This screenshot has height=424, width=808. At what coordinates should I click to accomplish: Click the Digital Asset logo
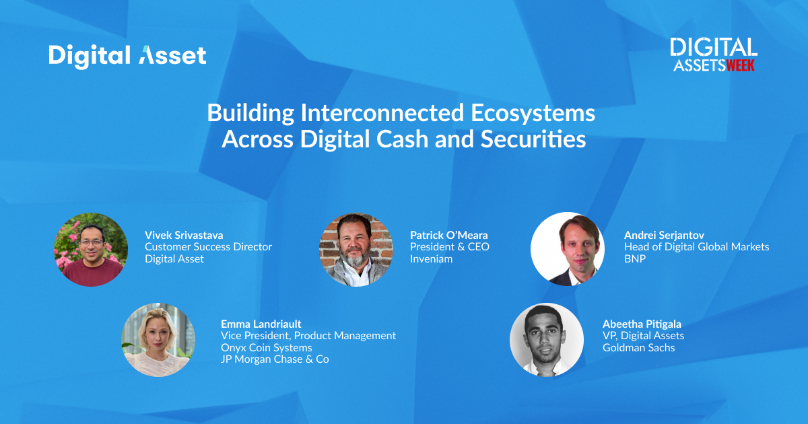(127, 57)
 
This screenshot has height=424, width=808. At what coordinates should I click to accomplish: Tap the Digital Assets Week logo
(714, 55)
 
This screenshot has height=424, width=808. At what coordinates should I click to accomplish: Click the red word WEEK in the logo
(740, 65)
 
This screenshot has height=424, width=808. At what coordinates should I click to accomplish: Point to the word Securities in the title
(533, 139)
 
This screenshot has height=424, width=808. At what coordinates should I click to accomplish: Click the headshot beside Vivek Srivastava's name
(91, 250)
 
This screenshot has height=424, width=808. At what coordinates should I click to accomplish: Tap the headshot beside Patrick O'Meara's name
(356, 250)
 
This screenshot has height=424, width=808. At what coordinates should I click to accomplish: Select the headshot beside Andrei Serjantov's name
(568, 249)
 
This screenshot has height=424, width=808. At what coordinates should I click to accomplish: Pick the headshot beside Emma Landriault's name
(158, 340)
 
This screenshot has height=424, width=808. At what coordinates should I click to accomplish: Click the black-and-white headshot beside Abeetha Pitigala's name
(547, 340)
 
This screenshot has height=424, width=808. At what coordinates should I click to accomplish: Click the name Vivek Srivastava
(184, 236)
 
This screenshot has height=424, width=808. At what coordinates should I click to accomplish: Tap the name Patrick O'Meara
(448, 236)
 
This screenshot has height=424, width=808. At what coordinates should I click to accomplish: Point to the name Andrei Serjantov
(664, 236)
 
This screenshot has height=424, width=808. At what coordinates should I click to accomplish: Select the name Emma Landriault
(261, 324)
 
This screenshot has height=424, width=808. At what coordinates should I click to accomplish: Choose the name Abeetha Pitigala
(642, 324)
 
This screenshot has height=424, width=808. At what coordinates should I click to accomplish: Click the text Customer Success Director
(208, 247)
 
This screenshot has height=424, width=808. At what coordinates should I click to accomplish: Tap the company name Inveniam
(431, 259)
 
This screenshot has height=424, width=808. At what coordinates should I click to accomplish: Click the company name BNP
(635, 259)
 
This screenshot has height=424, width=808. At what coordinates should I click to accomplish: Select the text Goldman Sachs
(638, 347)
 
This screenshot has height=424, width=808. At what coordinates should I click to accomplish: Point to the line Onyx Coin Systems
(266, 348)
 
